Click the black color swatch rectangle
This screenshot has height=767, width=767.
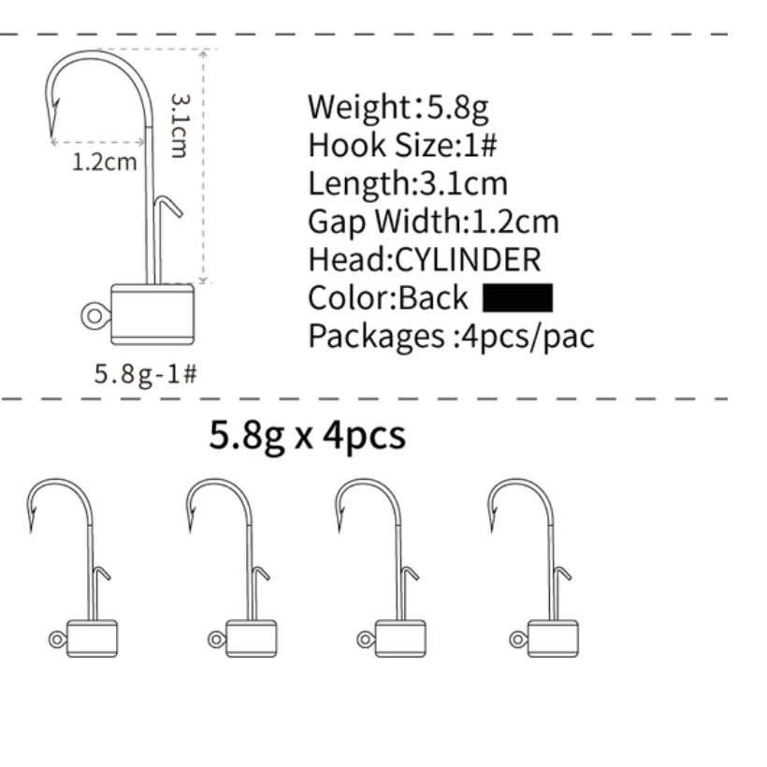point(518,297)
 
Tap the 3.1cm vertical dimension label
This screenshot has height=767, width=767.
point(179,124)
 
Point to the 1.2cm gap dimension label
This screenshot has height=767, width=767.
point(105,162)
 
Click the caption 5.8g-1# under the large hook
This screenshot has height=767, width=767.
point(145,373)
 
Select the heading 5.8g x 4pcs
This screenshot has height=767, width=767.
point(307,436)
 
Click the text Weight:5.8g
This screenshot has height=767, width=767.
point(398,108)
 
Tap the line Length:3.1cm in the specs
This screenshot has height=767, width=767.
point(408,183)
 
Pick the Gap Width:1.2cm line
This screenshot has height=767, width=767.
point(433,222)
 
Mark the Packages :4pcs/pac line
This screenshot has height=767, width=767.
point(451,336)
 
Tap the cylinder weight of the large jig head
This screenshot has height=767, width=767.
point(152,311)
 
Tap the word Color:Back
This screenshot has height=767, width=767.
point(387,297)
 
